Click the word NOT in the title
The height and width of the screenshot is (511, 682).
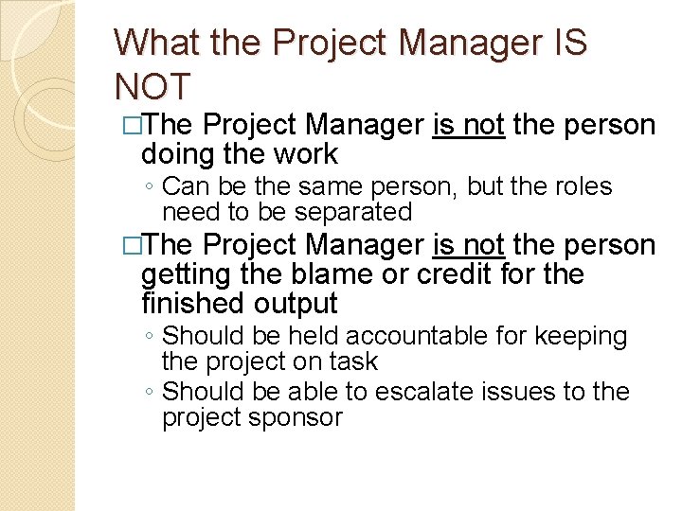pyautogui.click(x=153, y=85)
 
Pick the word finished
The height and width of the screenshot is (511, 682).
pyautogui.click(x=193, y=303)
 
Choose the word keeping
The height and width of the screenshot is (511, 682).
pyautogui.click(x=583, y=336)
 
